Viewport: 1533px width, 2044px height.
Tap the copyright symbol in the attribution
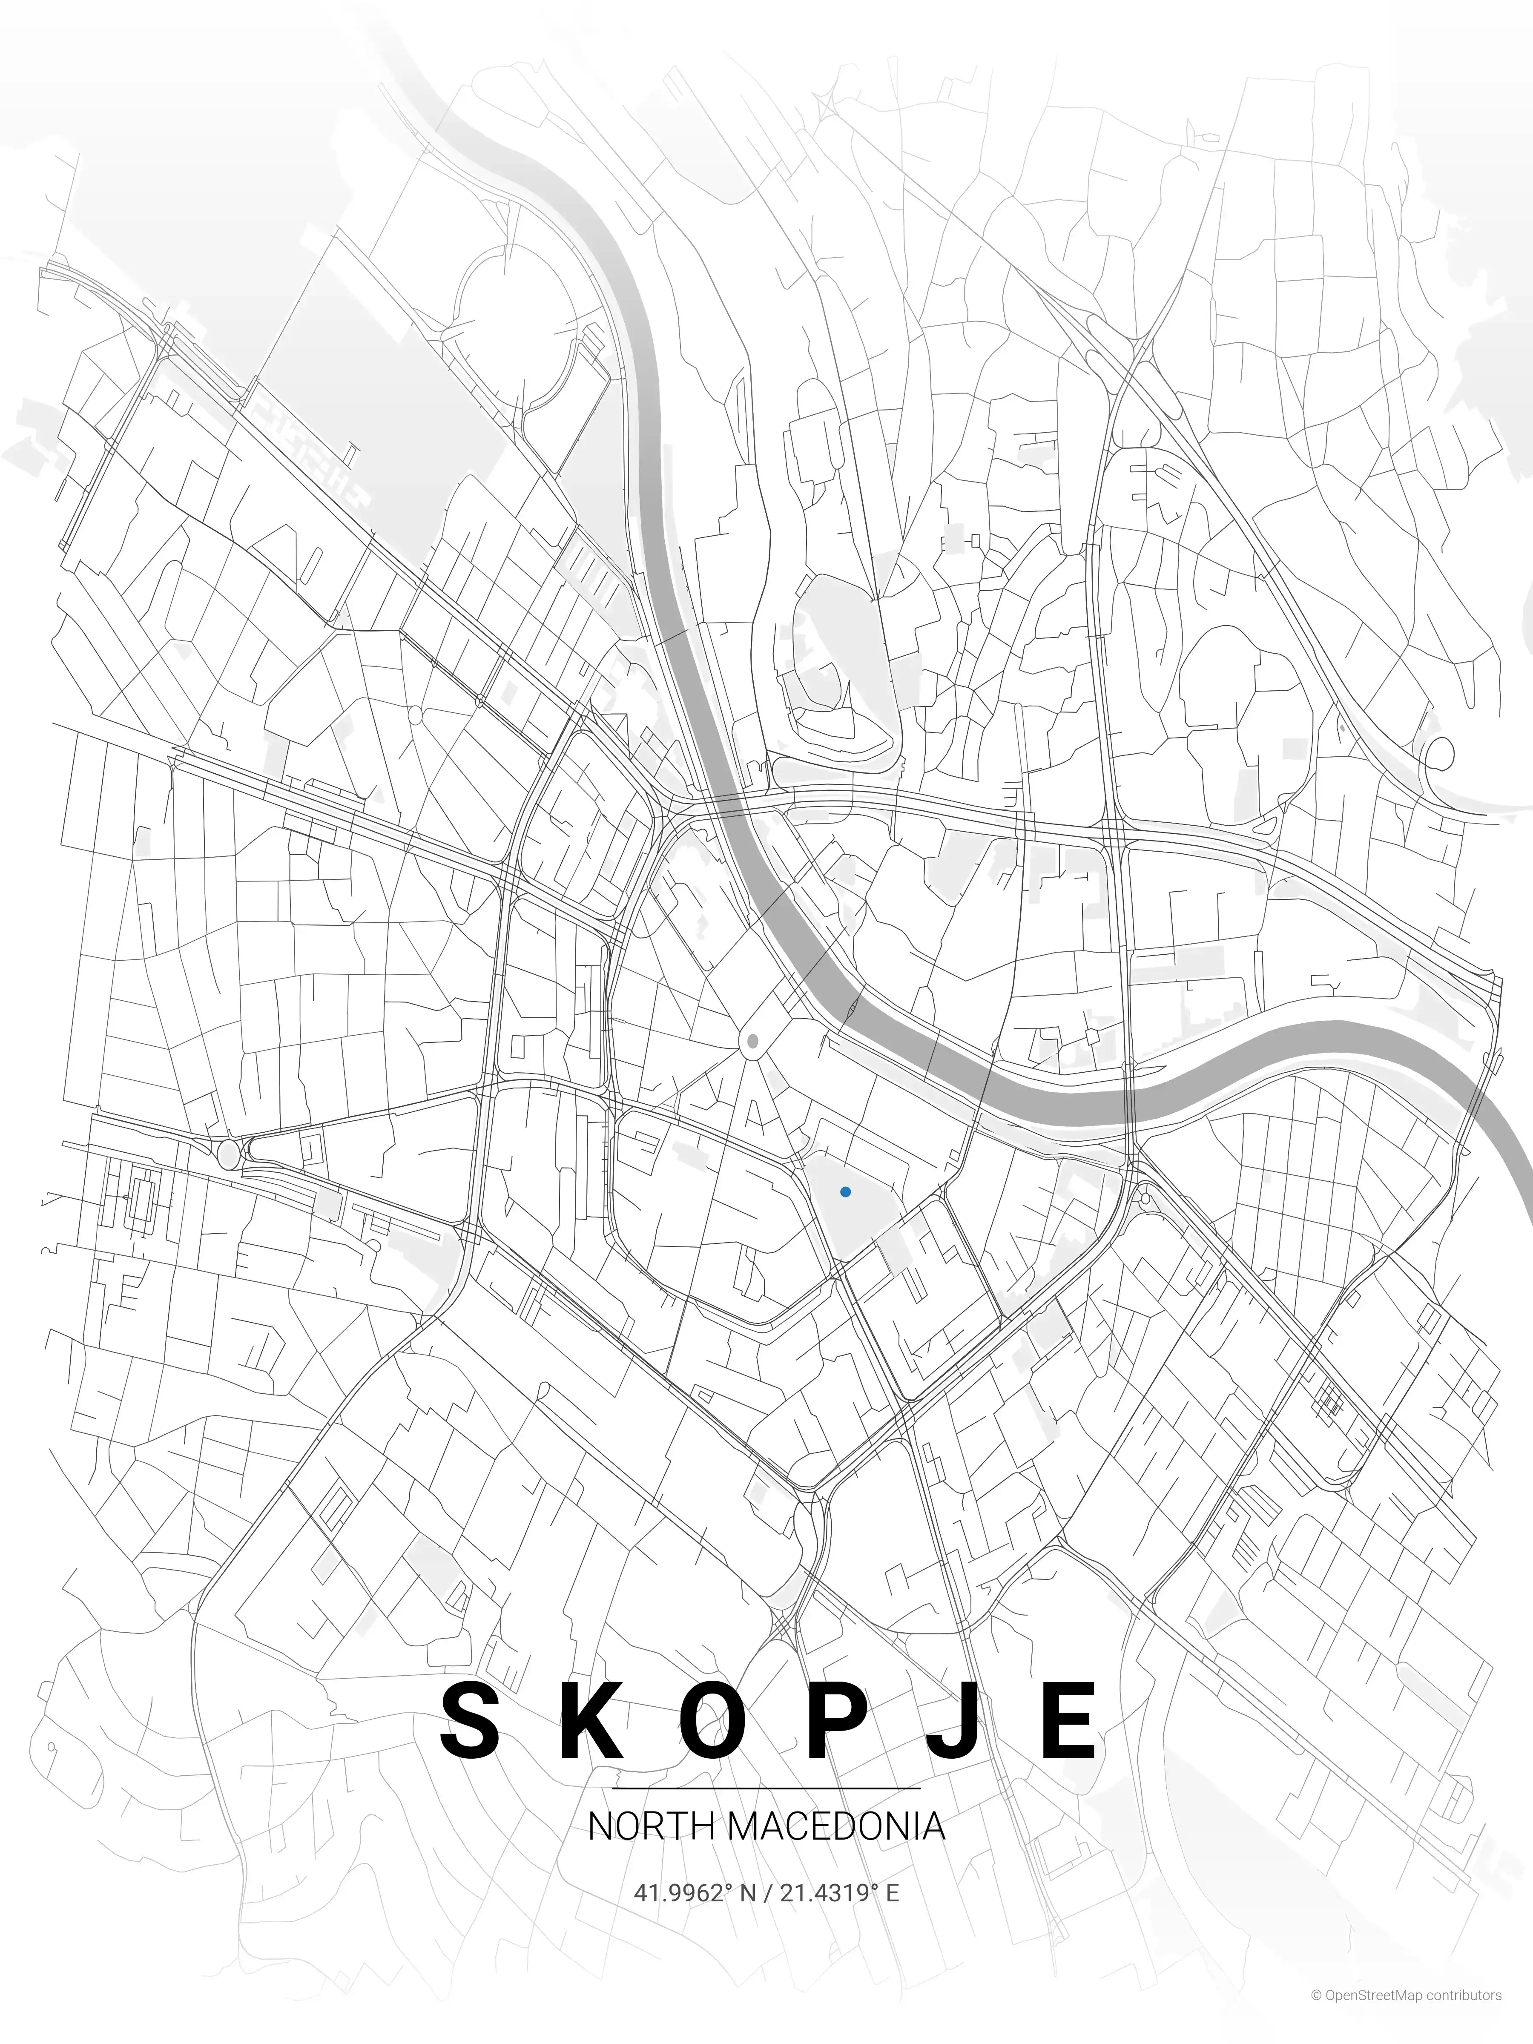1316,2015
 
